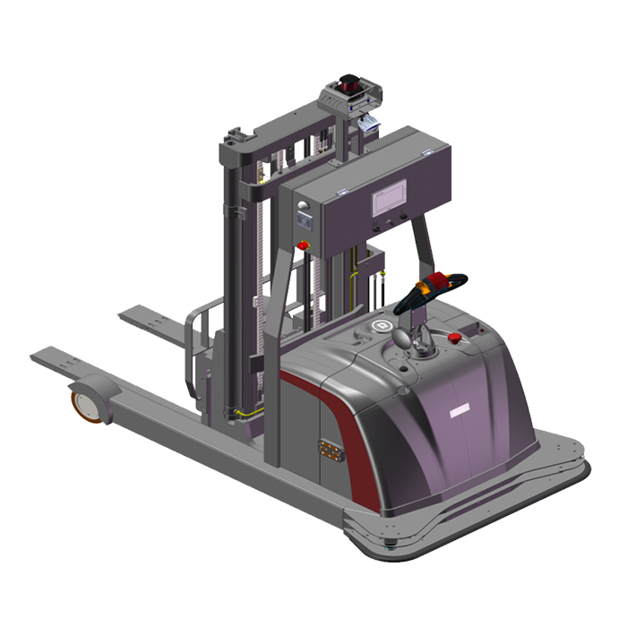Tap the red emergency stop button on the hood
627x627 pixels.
(x=462, y=338)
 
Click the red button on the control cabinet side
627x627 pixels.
(x=303, y=243)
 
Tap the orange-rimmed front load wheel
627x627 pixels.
(x=84, y=400)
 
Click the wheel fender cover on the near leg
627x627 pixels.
(x=99, y=390)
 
